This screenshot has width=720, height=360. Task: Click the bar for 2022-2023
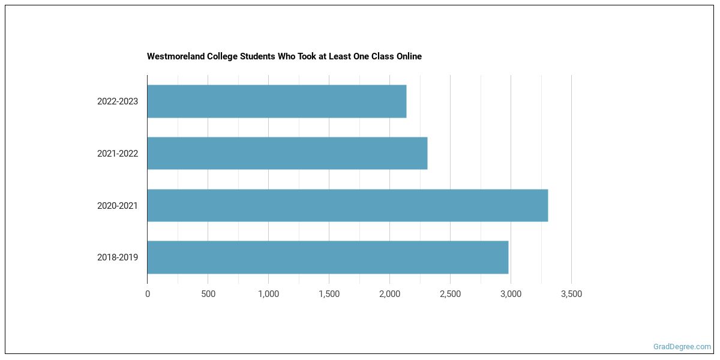click(x=277, y=101)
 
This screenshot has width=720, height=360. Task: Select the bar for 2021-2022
click(x=287, y=153)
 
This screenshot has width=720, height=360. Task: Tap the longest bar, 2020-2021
click(x=347, y=205)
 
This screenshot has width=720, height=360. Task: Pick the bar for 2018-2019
click(x=328, y=257)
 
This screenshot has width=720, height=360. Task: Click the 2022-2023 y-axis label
click(x=118, y=101)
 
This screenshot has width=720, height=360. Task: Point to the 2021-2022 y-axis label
click(x=118, y=154)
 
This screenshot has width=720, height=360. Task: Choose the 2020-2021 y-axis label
click(x=118, y=206)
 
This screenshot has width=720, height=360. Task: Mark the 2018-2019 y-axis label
click(x=118, y=257)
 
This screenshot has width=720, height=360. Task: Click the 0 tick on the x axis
click(x=148, y=294)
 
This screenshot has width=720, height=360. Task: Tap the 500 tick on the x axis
click(x=208, y=294)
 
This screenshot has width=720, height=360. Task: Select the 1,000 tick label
click(x=268, y=294)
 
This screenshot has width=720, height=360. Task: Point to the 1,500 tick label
click(x=329, y=294)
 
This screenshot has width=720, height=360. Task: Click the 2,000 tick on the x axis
click(x=389, y=294)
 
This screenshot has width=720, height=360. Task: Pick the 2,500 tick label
click(x=450, y=294)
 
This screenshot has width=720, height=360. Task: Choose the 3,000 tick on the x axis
click(x=511, y=294)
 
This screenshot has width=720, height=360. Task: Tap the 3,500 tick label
click(x=571, y=294)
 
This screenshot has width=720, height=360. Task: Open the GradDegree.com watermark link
click(x=682, y=346)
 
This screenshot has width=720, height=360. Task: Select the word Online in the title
click(x=408, y=56)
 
